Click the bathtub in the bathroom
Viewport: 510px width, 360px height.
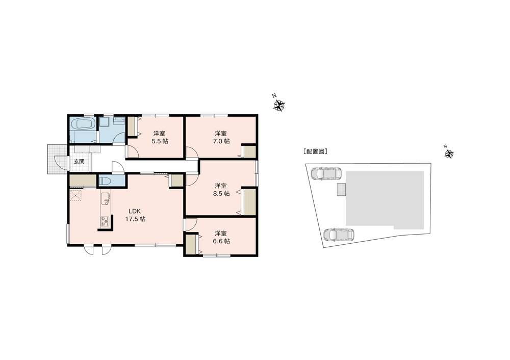coord(83,124)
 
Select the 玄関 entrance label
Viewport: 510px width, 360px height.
coord(79,162)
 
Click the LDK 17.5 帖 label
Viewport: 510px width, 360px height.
coord(135,215)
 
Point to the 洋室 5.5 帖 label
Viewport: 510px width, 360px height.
coord(159,137)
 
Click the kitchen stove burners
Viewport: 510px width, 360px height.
coord(105,221)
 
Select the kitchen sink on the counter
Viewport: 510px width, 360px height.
coord(106,199)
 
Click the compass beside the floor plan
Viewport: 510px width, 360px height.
coord(279,105)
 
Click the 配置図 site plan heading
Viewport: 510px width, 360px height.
coord(315,151)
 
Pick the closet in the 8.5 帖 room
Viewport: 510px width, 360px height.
coord(249,201)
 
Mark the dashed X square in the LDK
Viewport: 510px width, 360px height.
coord(76,196)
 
